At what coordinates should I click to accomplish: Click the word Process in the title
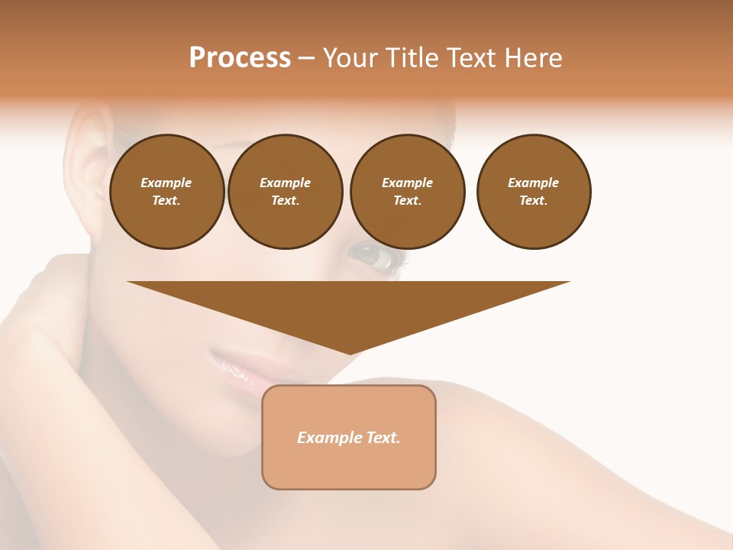click(x=240, y=58)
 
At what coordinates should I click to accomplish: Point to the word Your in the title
click(x=349, y=58)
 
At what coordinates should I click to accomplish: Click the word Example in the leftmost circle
click(x=166, y=183)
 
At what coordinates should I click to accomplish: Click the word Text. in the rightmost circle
click(x=534, y=200)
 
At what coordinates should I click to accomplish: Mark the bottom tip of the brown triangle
click(x=350, y=353)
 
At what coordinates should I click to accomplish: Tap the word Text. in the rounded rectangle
click(x=383, y=438)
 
